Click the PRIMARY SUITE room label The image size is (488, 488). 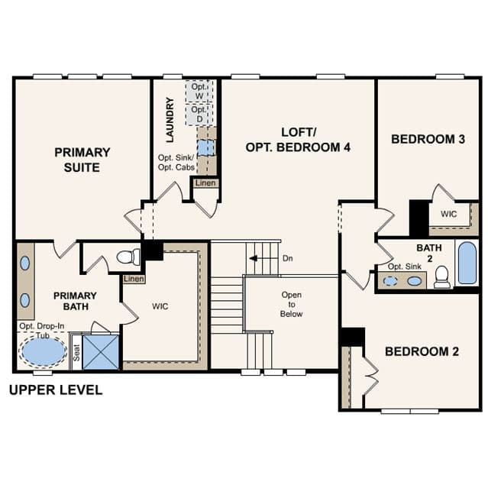pos(82,160)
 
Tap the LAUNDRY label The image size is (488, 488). pos(170,120)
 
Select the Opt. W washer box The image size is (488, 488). pos(199,91)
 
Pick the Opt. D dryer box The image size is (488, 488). pos(199,115)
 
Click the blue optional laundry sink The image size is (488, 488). pos(206,147)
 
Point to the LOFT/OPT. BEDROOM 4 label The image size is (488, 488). pos(298,140)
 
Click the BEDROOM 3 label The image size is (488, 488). pos(428,139)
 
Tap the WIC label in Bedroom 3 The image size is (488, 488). pos(449,214)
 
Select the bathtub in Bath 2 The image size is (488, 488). pos(467,263)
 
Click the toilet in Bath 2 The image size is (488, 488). pos(441,277)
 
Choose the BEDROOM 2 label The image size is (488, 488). pos(422,352)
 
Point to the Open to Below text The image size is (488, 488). pos(291,304)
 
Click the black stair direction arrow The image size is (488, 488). pos(254,258)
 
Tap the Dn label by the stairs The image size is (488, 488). pos(288,258)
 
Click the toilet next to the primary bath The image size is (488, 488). pos(128,257)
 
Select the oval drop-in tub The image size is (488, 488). pos(43,351)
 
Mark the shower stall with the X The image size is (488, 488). pos(101,352)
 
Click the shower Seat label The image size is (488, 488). pos(76,353)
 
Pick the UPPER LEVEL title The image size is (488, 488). pos(56,390)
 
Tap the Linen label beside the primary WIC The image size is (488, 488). pos(134,279)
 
